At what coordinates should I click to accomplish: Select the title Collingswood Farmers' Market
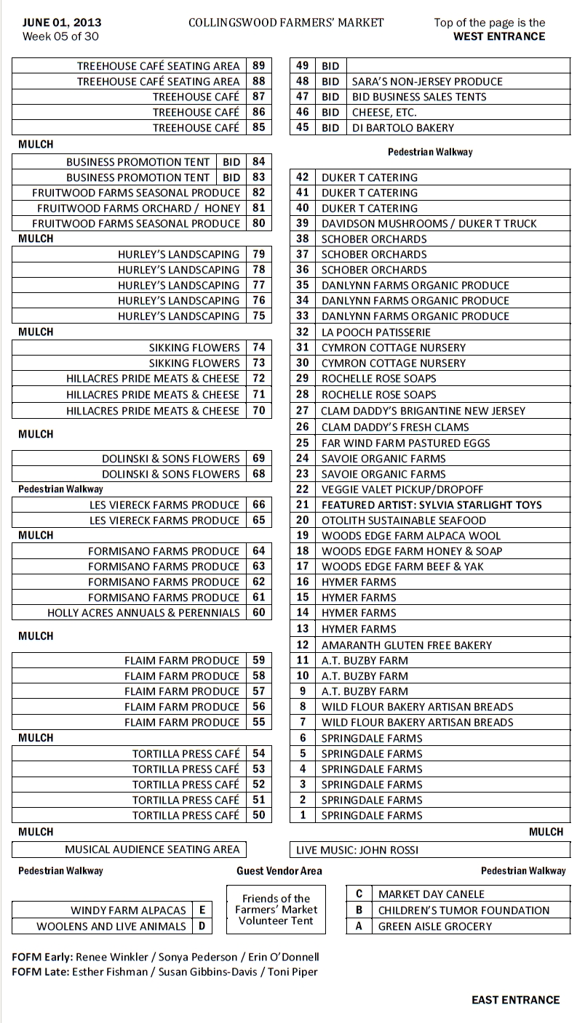286,23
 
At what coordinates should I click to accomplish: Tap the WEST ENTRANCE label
498,36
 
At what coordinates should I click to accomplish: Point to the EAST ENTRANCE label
515,1000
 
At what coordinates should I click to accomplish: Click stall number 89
258,65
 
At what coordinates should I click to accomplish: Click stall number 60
258,613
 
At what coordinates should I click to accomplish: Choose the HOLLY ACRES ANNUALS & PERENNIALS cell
143,613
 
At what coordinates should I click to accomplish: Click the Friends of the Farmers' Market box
276,910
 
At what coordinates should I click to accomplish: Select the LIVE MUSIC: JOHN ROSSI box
356,849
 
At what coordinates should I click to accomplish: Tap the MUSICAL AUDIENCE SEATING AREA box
152,849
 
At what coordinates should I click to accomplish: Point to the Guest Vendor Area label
279,871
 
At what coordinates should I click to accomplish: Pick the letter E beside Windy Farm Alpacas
202,910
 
